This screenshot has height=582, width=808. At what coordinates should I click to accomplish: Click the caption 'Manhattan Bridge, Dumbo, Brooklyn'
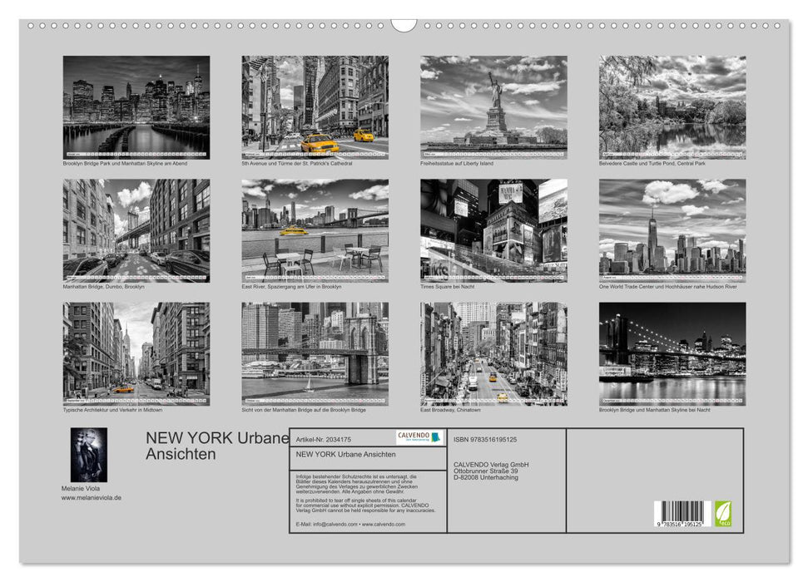pyautogui.click(x=103, y=287)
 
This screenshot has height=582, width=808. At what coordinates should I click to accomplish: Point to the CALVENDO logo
pyautogui.click(x=419, y=437)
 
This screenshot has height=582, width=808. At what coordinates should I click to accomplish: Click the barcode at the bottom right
pyautogui.click(x=682, y=515)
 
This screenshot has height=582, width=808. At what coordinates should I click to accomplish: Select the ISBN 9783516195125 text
pyautogui.click(x=485, y=439)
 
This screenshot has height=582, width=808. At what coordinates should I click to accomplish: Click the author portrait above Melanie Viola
pyautogui.click(x=88, y=455)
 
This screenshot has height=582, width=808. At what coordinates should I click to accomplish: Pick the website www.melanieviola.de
pyautogui.click(x=92, y=497)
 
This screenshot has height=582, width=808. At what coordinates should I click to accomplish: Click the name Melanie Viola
pyautogui.click(x=82, y=487)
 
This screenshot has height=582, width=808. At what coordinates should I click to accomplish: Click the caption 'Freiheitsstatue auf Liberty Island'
pyautogui.click(x=457, y=164)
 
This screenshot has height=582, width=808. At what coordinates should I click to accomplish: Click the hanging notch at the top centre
pyautogui.click(x=404, y=25)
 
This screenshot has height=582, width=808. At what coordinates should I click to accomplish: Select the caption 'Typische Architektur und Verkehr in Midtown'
pyautogui.click(x=112, y=410)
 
